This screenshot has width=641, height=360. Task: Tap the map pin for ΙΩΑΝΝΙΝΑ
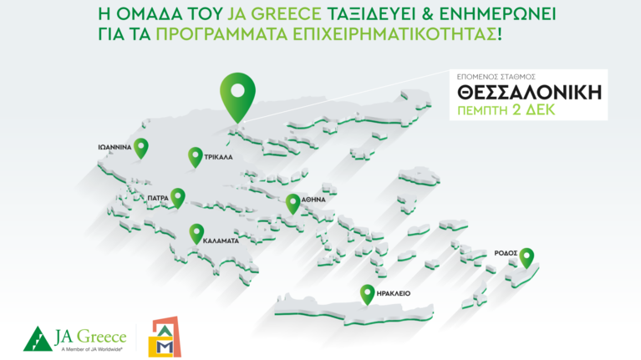(141, 148)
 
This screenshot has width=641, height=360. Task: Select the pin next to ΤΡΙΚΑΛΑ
(195, 156)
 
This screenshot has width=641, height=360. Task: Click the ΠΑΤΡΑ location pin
(178, 196)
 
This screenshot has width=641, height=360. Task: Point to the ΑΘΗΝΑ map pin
(293, 203)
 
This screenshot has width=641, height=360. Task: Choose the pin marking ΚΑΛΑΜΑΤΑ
(196, 233)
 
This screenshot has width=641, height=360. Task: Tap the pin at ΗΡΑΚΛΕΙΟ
(366, 294)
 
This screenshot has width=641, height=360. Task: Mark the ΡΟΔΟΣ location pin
(527, 257)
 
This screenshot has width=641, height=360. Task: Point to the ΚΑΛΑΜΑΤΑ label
(221, 240)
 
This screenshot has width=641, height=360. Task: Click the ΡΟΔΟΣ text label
(506, 251)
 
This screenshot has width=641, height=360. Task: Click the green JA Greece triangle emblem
(38, 337)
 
